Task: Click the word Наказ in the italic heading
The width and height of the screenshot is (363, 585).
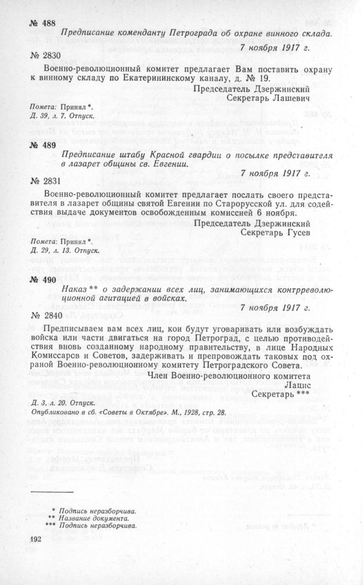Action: coord(75,288)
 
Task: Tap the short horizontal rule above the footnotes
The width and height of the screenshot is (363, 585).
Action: coord(53,491)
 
